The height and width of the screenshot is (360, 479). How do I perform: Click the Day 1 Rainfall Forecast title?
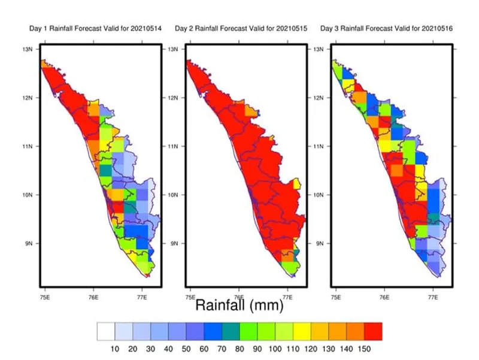(x=96, y=28)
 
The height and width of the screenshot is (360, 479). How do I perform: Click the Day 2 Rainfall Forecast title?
(x=241, y=28)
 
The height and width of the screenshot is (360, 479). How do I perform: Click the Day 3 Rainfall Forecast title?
(x=386, y=28)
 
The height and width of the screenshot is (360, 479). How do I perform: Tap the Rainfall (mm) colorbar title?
(x=239, y=305)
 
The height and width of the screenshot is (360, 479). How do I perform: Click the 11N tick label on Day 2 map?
(x=174, y=146)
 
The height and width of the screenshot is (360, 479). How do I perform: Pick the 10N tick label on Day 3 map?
(x=320, y=195)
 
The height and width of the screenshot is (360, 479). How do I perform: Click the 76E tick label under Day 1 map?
(x=93, y=296)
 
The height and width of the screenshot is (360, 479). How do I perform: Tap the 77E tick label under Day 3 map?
(x=433, y=296)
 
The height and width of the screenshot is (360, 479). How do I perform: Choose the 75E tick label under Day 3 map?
(x=335, y=296)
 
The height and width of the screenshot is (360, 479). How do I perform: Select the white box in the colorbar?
(x=106, y=331)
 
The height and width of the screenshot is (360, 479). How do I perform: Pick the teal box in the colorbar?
(x=231, y=331)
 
